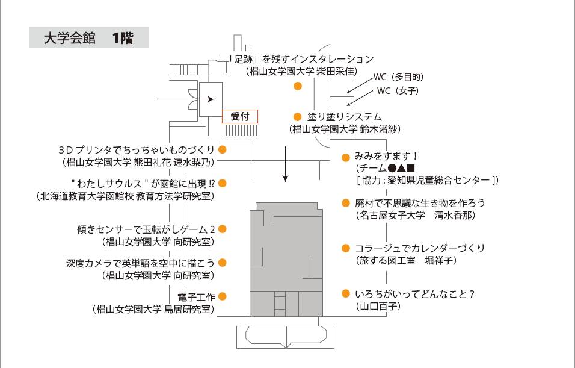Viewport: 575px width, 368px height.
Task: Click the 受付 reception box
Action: (240, 117)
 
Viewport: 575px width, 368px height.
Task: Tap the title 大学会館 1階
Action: (88, 38)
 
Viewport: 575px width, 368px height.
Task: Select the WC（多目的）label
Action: (399, 77)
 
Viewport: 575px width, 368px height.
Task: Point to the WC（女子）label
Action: (398, 91)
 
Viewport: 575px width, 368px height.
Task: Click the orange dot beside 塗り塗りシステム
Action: (297, 116)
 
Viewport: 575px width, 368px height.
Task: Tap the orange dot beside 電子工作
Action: (222, 296)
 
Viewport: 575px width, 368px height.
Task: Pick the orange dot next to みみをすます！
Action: (346, 157)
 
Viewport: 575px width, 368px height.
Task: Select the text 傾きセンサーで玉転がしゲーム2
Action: (146, 229)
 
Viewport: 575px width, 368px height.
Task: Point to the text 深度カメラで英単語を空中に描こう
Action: (140, 263)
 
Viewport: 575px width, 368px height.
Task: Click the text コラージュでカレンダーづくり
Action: (420, 248)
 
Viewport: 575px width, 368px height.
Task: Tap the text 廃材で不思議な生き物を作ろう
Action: (420, 203)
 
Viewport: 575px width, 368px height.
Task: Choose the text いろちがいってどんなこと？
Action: (415, 294)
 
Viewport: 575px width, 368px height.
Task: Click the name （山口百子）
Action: (378, 307)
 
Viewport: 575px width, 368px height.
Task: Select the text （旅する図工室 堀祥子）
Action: (407, 260)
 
